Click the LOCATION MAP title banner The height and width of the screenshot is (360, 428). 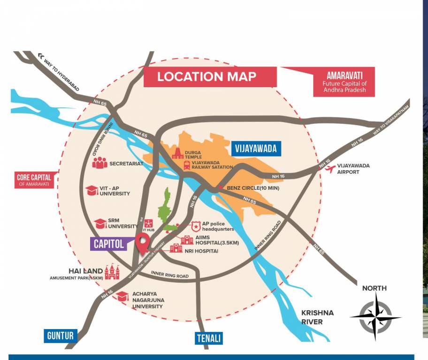[206, 77]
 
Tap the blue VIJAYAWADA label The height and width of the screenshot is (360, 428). [256, 149]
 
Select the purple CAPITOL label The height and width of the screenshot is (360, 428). [109, 244]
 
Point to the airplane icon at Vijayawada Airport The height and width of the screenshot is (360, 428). [330, 169]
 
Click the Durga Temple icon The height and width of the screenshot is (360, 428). [178, 153]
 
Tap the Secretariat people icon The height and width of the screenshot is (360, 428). [99, 163]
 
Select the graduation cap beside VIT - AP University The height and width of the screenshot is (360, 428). [92, 190]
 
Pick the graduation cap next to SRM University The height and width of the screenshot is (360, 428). [100, 224]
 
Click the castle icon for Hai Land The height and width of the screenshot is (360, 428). [112, 271]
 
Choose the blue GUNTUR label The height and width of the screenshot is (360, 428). [61, 336]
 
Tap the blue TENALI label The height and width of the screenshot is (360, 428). [209, 338]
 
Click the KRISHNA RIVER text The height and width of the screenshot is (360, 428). [318, 317]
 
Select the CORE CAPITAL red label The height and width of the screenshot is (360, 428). [34, 180]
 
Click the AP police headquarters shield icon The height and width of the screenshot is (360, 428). [196, 226]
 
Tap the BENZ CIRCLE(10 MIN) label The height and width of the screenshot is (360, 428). [252, 188]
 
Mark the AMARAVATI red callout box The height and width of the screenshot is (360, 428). [344, 82]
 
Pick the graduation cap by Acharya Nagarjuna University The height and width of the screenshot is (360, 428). [122, 296]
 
